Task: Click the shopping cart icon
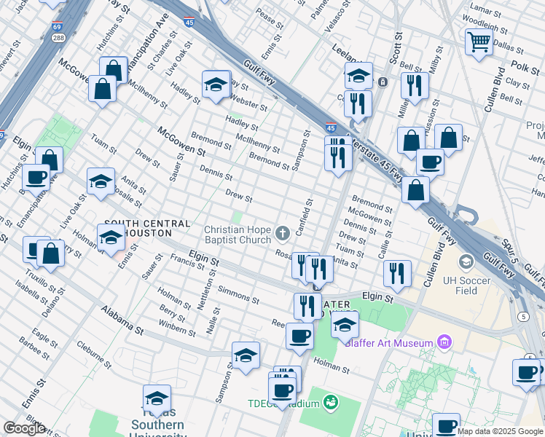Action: [479, 42]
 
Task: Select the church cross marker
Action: [283, 234]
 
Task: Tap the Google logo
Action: [24, 428]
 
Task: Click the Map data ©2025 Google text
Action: [501, 431]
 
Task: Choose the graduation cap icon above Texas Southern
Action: [157, 398]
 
